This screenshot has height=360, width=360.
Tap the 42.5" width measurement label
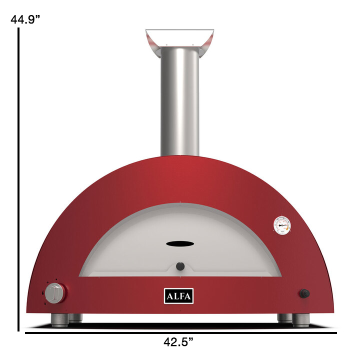[178, 342]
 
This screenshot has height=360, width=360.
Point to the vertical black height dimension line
[18, 180]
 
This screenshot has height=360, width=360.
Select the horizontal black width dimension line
[180, 331]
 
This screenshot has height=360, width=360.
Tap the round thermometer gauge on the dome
[282, 225]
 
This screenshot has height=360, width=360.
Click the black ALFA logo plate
[178, 296]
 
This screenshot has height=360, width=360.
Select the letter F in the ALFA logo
[182, 296]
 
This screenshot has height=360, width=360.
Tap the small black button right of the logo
[304, 293]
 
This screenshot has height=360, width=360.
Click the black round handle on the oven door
[180, 265]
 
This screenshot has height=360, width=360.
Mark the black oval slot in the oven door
[180, 243]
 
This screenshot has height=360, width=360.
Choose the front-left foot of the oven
[59, 320]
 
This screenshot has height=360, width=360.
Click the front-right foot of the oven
[300, 320]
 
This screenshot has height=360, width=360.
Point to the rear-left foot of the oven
[75, 317]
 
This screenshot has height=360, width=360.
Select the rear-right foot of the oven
[284, 317]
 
